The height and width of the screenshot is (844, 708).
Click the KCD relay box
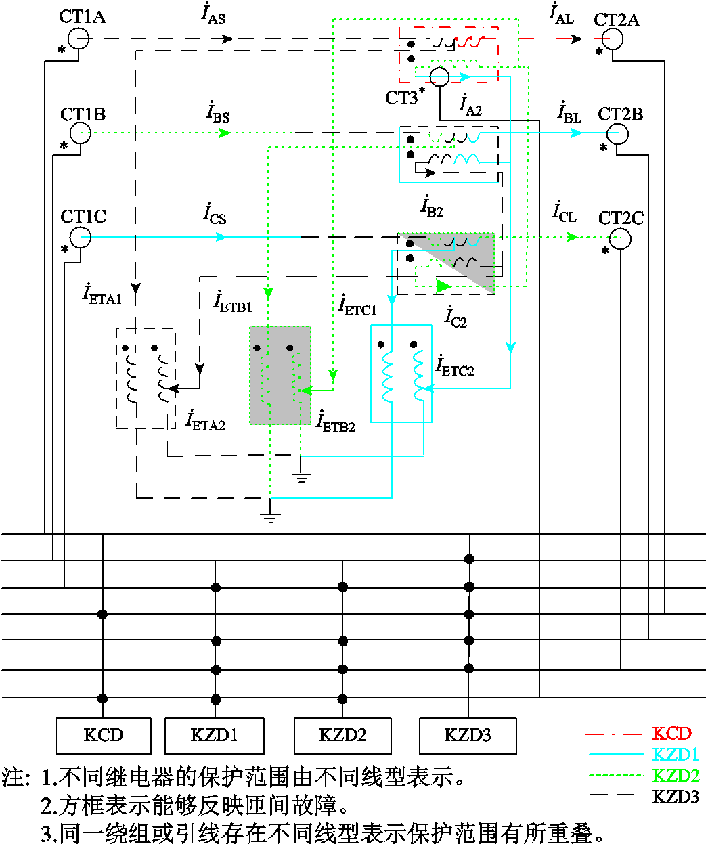[x=103, y=735]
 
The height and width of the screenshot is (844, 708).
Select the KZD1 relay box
[x=214, y=735]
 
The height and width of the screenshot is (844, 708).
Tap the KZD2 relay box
[x=342, y=735]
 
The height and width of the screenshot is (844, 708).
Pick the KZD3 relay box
[x=468, y=735]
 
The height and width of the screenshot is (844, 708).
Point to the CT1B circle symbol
[x=81, y=133]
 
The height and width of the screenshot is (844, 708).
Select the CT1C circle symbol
[x=81, y=237]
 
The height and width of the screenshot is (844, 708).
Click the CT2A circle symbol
[x=613, y=39]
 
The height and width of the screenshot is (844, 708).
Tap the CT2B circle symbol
[x=617, y=133]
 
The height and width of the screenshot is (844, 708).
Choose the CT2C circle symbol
[x=620, y=238]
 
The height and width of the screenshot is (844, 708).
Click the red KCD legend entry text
[x=671, y=733]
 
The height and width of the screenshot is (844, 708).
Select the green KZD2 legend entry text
[x=676, y=776]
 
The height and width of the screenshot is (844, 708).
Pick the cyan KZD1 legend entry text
[x=676, y=754]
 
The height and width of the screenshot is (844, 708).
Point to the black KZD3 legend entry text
[x=676, y=797]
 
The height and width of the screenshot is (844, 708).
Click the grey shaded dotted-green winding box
[x=280, y=375]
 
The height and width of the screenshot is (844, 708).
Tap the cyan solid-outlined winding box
[x=401, y=374]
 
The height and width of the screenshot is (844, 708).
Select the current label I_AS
[x=213, y=15]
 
